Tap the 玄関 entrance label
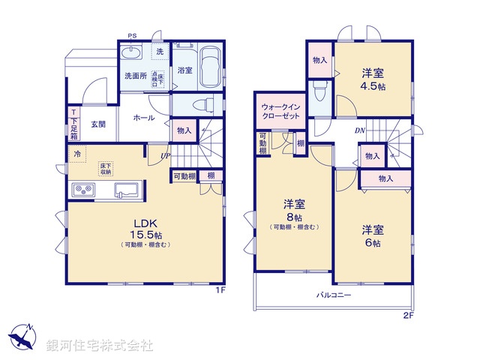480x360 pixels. (x=98, y=124)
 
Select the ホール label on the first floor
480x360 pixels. (x=144, y=118)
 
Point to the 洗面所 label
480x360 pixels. (x=135, y=76)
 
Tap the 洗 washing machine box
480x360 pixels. (x=159, y=52)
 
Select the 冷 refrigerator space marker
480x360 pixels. (x=76, y=154)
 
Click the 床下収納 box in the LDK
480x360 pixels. (x=105, y=168)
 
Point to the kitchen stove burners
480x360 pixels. (x=82, y=190)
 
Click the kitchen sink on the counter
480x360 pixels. (x=127, y=190)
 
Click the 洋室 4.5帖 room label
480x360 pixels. (x=373, y=78)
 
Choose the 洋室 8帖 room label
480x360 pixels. (x=293, y=209)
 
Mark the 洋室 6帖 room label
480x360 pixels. (x=373, y=234)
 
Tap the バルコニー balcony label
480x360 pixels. (x=333, y=295)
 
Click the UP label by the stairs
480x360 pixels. (x=163, y=155)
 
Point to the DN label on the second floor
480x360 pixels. (x=359, y=130)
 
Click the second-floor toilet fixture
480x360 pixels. (x=319, y=91)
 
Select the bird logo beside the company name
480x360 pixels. (x=22, y=338)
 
